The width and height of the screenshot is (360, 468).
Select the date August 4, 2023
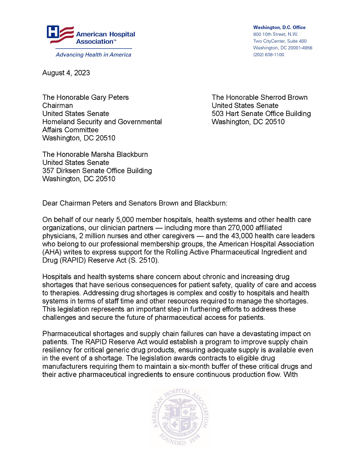click(66, 73)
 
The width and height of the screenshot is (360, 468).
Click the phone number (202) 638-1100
click(268, 55)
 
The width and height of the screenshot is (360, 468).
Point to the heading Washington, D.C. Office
click(279, 27)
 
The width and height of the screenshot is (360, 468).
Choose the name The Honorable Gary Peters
click(85, 97)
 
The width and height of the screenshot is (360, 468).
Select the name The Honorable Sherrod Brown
click(259, 97)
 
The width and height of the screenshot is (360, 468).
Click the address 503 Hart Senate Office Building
click(261, 113)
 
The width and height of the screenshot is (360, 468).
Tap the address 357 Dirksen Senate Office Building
click(97, 171)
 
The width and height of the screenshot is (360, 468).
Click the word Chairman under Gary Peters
click(57, 106)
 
